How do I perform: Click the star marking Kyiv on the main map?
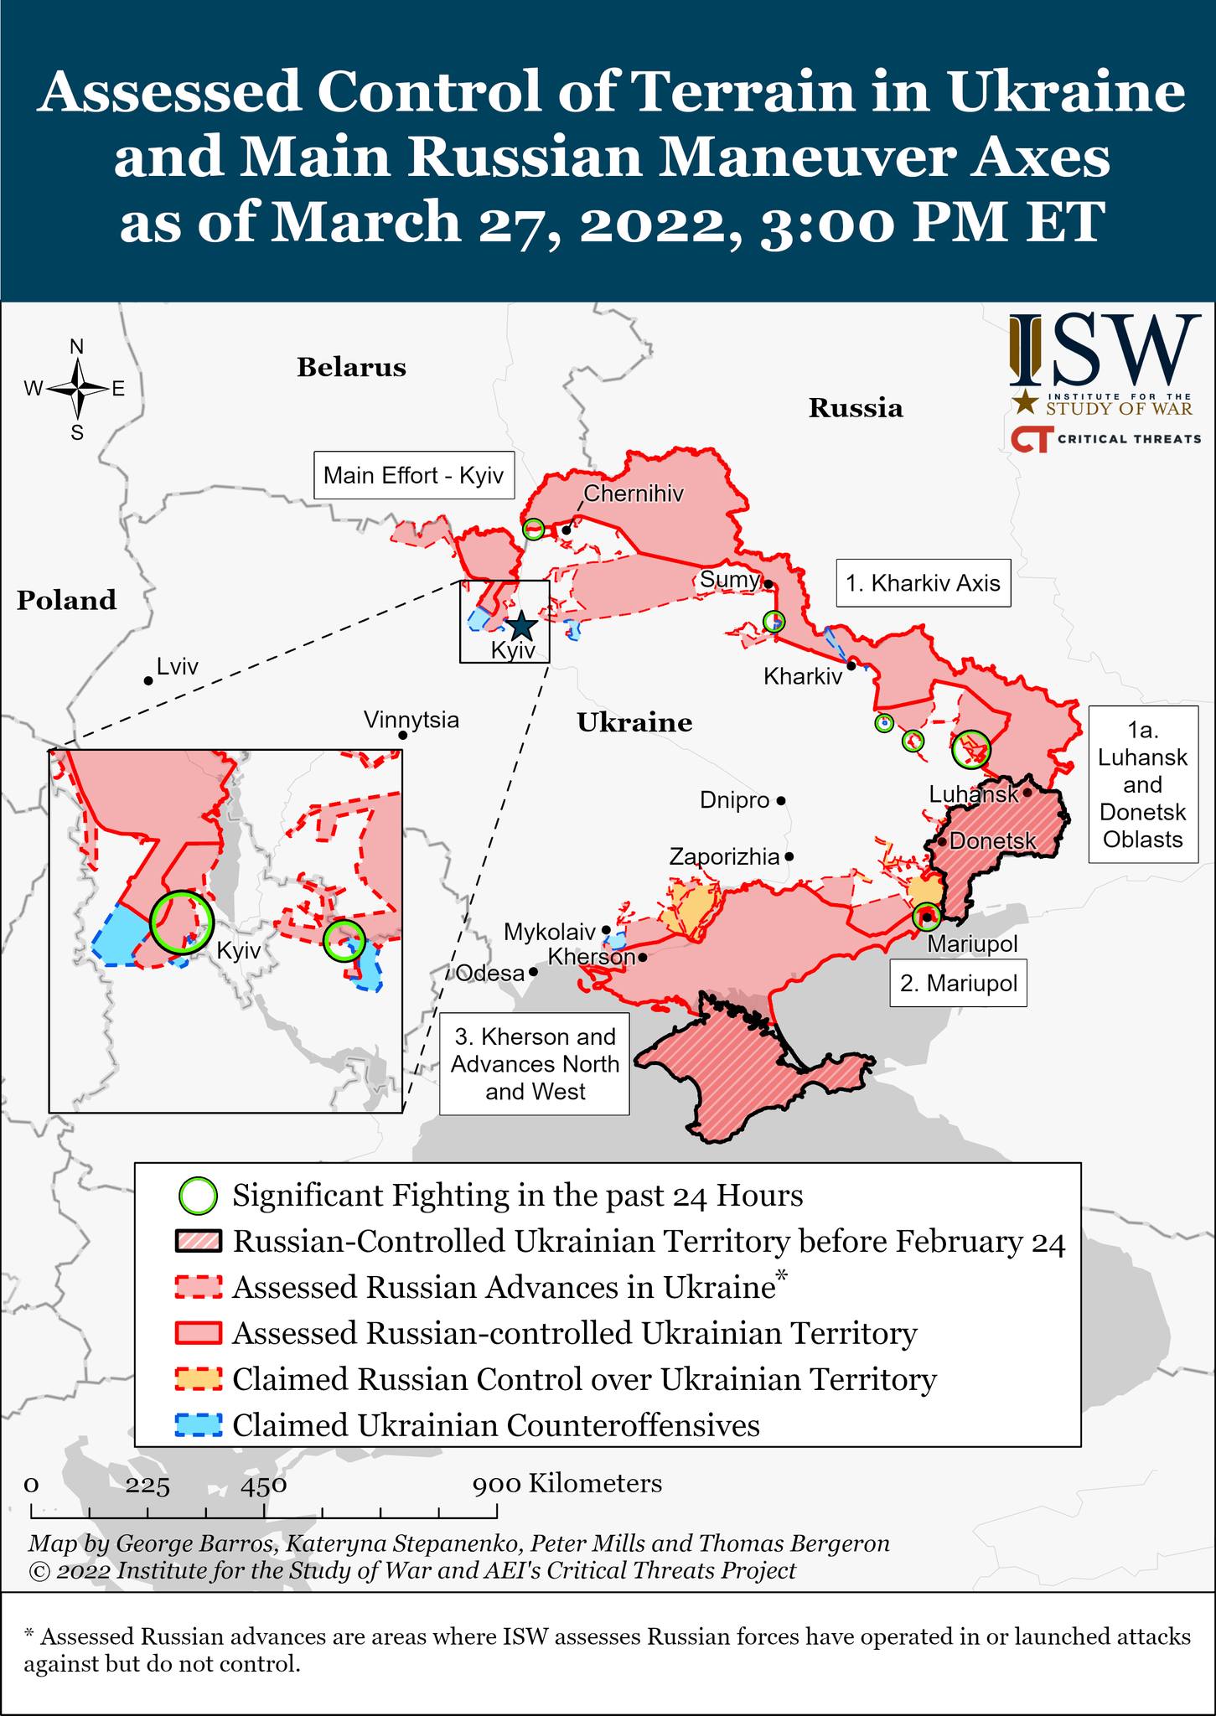click(520, 625)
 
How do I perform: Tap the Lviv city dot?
click(147, 681)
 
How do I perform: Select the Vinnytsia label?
click(411, 720)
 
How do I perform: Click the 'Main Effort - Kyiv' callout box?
click(413, 476)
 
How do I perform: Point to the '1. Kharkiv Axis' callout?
click(923, 583)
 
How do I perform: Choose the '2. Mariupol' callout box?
click(958, 983)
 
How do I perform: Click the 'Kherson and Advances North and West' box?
click(535, 1064)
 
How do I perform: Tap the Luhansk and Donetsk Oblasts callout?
click(1142, 785)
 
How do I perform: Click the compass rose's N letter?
click(76, 347)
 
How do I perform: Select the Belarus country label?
click(351, 368)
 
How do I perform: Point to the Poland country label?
click(66, 601)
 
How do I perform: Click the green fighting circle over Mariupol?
click(926, 917)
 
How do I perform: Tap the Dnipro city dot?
click(780, 801)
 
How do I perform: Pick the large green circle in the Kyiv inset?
click(182, 922)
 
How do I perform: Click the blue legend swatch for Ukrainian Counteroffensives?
click(199, 1424)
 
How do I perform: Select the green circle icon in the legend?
click(199, 1196)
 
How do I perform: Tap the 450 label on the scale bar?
click(264, 1484)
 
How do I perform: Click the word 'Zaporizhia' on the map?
click(723, 856)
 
